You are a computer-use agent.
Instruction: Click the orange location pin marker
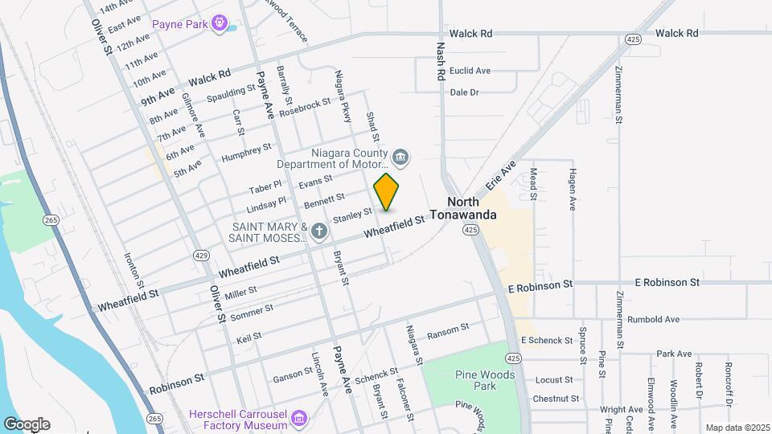[387, 193]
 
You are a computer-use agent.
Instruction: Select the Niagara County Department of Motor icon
[400, 156]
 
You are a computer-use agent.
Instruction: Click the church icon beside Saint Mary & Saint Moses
[319, 232]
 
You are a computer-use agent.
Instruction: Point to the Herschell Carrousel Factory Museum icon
[299, 418]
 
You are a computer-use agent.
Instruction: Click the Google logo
[27, 424]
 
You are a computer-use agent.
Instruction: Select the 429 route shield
[201, 255]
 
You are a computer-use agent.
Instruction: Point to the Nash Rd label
[441, 61]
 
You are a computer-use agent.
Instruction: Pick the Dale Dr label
[464, 92]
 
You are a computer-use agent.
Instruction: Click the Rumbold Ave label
[654, 319]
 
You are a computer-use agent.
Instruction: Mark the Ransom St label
[448, 330]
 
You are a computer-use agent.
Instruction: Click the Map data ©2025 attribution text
[737, 428]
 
